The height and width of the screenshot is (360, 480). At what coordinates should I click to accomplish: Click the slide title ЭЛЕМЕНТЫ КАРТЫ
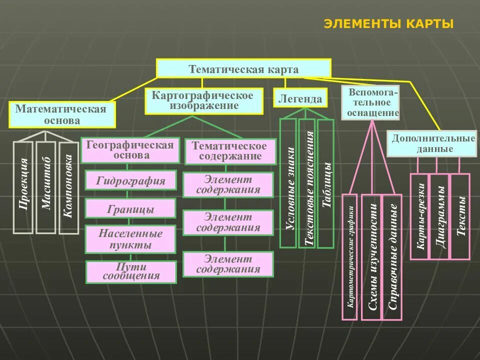point(388,24)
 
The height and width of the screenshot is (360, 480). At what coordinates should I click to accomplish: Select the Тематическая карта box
point(243,69)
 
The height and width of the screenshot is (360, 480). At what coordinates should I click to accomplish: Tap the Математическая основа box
point(61,115)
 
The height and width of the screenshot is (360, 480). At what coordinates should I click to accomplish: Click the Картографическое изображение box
point(203,100)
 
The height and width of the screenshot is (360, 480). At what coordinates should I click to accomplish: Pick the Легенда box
point(300,99)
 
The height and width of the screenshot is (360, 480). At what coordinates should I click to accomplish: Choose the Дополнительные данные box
point(433,143)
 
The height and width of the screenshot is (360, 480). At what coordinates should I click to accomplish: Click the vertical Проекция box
point(23,187)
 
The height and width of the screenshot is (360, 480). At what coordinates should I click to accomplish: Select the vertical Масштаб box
point(46,187)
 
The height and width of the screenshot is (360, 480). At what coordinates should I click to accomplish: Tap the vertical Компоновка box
point(69,187)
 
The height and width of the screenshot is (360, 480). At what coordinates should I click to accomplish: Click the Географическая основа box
point(130,150)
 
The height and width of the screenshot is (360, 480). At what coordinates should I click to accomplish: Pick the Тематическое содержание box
point(230,151)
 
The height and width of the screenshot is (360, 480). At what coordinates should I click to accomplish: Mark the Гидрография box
point(130,180)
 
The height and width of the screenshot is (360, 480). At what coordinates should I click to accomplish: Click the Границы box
point(130,208)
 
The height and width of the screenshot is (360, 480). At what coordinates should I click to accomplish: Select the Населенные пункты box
point(130,239)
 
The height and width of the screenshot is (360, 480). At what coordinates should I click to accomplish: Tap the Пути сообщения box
point(131,271)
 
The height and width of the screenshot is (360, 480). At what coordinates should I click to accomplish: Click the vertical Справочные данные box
point(392,257)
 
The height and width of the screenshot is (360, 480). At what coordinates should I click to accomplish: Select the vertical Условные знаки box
point(288,183)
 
